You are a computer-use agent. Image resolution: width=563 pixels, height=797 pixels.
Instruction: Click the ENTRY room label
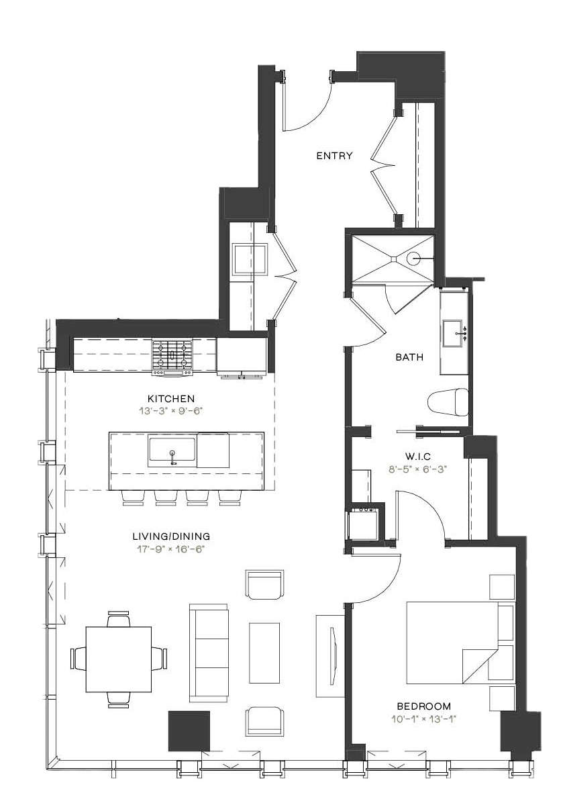[x=334, y=156]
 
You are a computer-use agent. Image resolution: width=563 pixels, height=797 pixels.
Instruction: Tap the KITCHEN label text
[x=170, y=399]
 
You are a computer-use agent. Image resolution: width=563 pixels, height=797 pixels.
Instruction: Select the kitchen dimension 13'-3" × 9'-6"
[x=170, y=411]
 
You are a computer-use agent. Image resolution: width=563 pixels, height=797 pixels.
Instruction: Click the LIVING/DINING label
[x=170, y=536]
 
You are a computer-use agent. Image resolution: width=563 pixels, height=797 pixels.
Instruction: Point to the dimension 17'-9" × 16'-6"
[x=170, y=549]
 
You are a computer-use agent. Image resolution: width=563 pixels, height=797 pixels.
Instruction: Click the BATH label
[x=409, y=357]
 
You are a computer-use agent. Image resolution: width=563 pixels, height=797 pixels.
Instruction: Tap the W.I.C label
[x=419, y=457]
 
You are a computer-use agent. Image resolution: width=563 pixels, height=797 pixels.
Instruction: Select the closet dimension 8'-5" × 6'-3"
[x=419, y=469]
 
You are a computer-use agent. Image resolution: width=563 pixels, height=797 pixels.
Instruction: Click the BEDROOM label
[x=423, y=706]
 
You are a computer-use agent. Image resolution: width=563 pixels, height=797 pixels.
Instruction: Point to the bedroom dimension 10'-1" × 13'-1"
[x=423, y=718]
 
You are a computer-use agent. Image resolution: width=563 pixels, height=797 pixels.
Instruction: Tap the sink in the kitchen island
[x=172, y=451]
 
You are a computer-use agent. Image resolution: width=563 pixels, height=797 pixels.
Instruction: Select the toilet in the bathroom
[x=448, y=403]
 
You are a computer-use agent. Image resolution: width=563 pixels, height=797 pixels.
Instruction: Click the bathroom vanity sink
[x=453, y=334]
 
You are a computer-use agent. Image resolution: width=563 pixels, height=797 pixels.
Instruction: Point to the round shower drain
[x=413, y=259]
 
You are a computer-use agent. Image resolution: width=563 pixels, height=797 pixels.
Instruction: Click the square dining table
[x=118, y=659]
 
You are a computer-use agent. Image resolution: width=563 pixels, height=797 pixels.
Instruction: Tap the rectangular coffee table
[x=264, y=653]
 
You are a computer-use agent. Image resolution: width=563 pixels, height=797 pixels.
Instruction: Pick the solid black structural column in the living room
[x=189, y=731]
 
